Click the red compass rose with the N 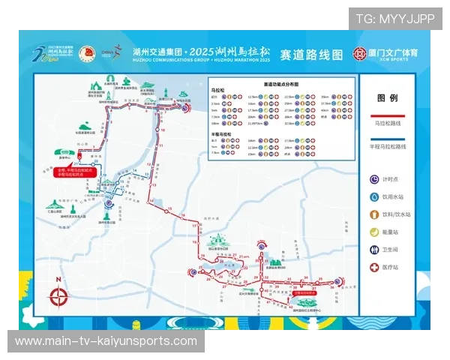tap(58, 295)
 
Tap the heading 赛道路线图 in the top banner tap(310, 55)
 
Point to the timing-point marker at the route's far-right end tap(338, 282)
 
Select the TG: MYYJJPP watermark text tap(394, 19)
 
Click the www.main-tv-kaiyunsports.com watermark tap(106, 341)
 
